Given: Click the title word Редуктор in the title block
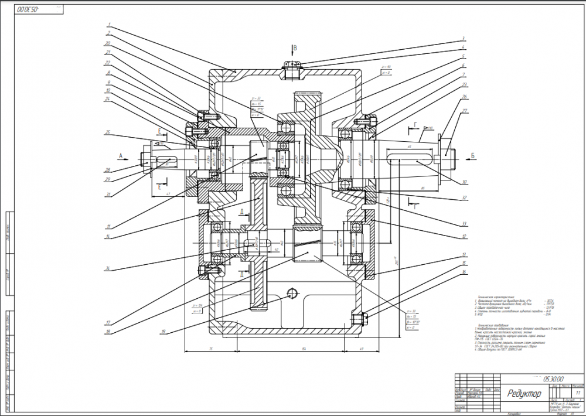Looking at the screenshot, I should pos(524,394).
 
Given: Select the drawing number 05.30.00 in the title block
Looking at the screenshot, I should pos(553,379).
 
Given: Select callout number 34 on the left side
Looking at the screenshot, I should pos(107,269).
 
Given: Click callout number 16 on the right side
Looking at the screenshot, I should pos(463,272).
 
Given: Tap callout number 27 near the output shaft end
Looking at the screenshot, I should pos(463,110).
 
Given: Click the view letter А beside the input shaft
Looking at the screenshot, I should pos(121,156).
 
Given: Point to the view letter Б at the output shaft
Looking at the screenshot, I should pos(472,156).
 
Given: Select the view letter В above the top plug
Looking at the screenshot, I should pos(295,47).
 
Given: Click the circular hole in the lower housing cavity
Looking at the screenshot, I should pos(292,292).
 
